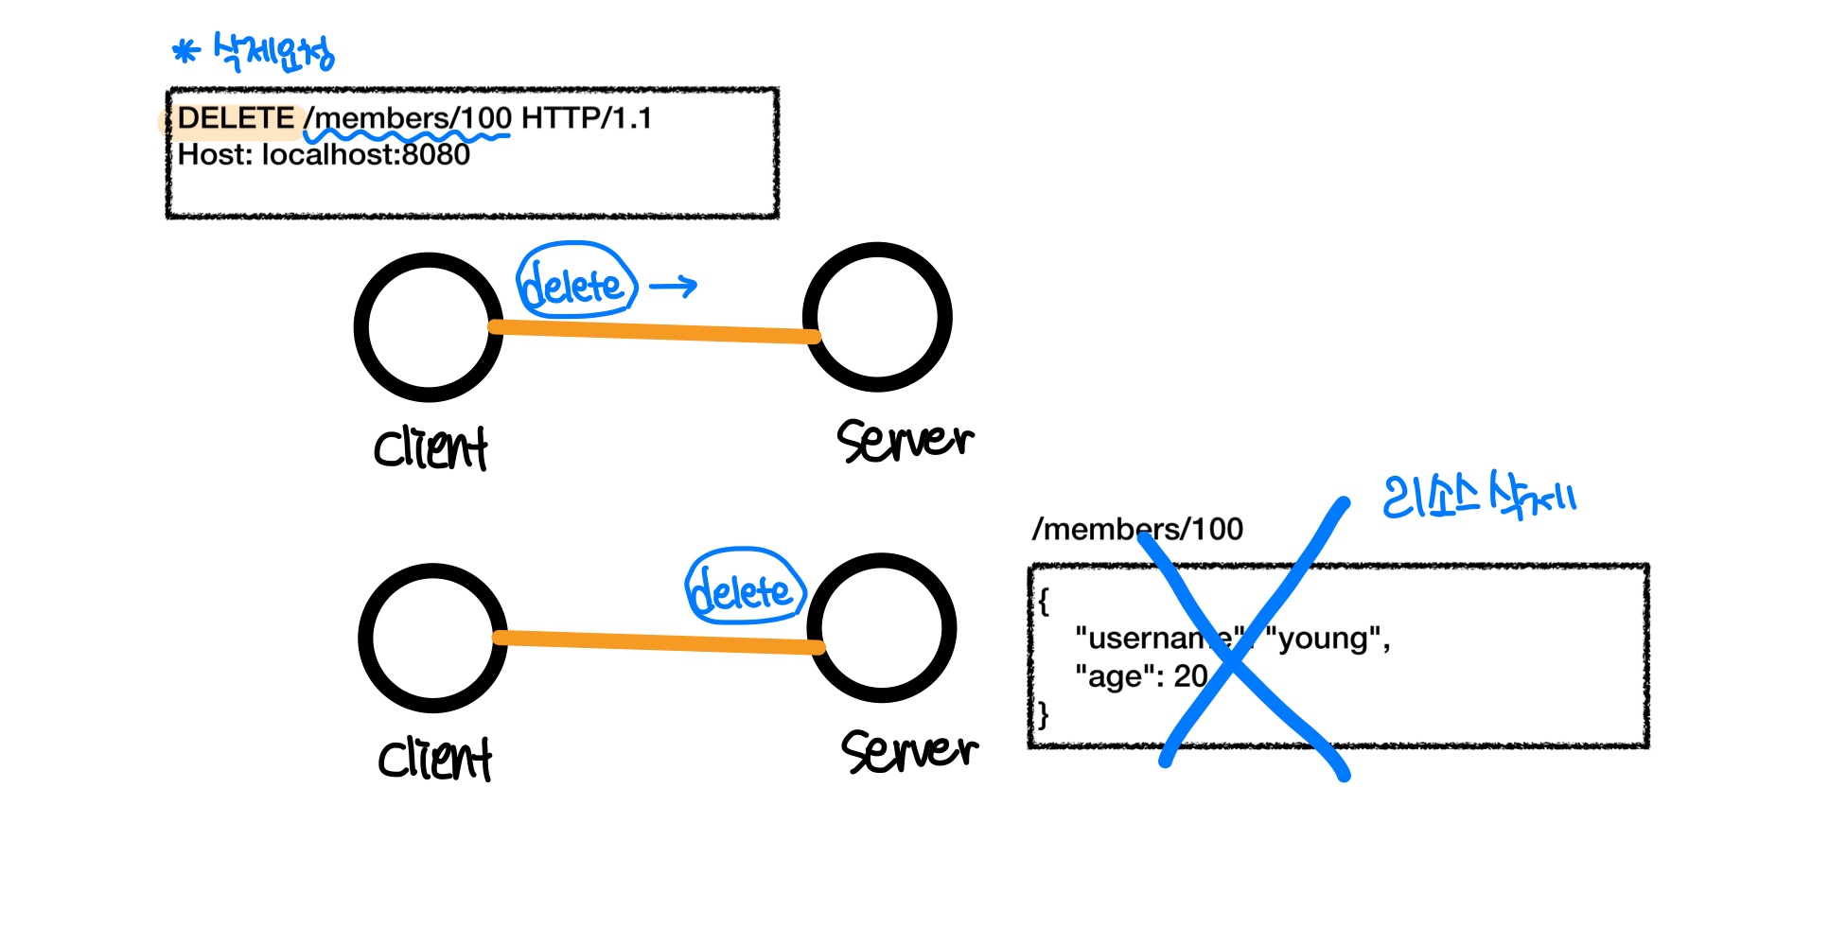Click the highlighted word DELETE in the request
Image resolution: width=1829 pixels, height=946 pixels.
pyautogui.click(x=236, y=118)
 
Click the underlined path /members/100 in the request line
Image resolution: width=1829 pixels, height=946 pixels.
pyautogui.click(x=408, y=119)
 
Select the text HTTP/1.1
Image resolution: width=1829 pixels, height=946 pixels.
pyautogui.click(x=586, y=118)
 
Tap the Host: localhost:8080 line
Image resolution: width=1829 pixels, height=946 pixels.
pyautogui.click(x=324, y=154)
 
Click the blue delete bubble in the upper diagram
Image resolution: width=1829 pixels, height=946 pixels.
pyautogui.click(x=574, y=282)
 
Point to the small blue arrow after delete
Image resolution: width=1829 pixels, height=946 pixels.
pyautogui.click(x=674, y=286)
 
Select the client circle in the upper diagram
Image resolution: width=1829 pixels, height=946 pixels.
pyautogui.click(x=428, y=326)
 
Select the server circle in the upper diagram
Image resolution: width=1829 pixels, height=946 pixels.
pyautogui.click(x=877, y=317)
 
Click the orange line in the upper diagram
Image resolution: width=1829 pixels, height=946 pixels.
pyautogui.click(x=653, y=331)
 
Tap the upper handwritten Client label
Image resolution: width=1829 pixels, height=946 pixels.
pyautogui.click(x=431, y=448)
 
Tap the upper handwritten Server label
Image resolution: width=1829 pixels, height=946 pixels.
pyautogui.click(x=905, y=440)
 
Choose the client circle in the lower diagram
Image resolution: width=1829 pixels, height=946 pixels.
pyautogui.click(x=432, y=638)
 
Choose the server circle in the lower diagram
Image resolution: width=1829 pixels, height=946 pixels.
pyautogui.click(x=882, y=627)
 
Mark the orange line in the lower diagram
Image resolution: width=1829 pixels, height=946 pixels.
pyautogui.click(x=658, y=643)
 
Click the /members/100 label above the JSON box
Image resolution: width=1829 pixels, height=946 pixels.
pyautogui.click(x=1137, y=529)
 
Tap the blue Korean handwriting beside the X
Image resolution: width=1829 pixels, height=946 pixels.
pyautogui.click(x=1478, y=497)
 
